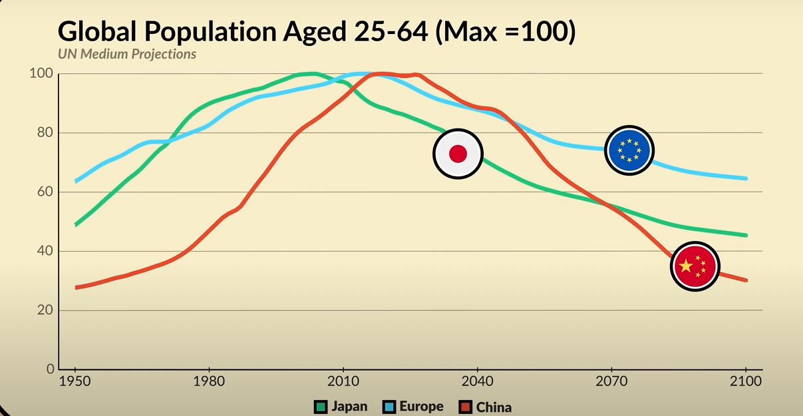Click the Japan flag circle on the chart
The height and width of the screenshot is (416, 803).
pyautogui.click(x=458, y=154)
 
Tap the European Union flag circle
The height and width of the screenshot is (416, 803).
pyautogui.click(x=629, y=150)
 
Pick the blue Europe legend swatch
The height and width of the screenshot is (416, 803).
pyautogui.click(x=389, y=406)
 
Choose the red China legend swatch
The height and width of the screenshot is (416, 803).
pyautogui.click(x=466, y=406)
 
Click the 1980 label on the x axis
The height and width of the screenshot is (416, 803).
pyautogui.click(x=209, y=383)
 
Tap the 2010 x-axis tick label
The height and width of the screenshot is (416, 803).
pyautogui.click(x=343, y=383)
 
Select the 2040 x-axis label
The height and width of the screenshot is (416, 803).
pyautogui.click(x=477, y=383)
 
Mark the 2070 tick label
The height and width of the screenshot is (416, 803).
pyautogui.click(x=611, y=383)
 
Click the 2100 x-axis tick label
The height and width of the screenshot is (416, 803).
pyautogui.click(x=746, y=383)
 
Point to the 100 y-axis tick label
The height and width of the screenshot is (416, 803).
pyautogui.click(x=41, y=73)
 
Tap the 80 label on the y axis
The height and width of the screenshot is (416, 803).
pyautogui.click(x=45, y=132)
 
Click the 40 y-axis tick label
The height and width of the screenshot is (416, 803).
pyautogui.click(x=45, y=251)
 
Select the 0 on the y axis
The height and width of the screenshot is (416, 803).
pyautogui.click(x=50, y=369)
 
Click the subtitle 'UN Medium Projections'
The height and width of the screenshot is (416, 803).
pyautogui.click(x=127, y=54)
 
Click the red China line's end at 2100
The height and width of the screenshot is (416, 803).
pyautogui.click(x=745, y=280)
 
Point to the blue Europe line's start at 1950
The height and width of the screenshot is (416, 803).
pyautogui.click(x=76, y=181)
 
